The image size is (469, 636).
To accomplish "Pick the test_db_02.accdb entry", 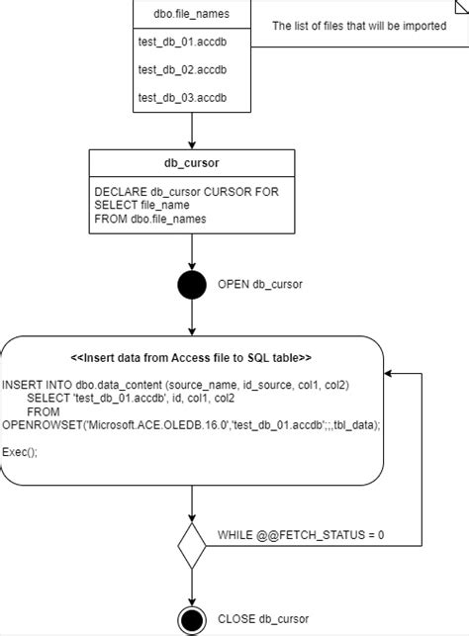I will (x=182, y=69).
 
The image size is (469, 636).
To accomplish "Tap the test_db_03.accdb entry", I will (x=182, y=97).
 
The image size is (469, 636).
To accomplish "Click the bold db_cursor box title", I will (x=191, y=162).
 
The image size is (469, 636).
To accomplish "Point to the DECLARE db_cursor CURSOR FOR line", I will (x=186, y=191).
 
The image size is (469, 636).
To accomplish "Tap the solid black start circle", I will (x=192, y=285).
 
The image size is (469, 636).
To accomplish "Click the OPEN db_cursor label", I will (x=259, y=285).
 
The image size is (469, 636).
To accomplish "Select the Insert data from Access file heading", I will (x=191, y=358).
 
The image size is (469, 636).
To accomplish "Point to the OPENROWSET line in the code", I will (x=191, y=423).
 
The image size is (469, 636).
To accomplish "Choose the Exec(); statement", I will (x=20, y=451).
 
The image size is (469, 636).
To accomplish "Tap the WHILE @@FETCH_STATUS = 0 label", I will (x=301, y=535).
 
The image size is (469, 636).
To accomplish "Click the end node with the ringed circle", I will (x=192, y=620).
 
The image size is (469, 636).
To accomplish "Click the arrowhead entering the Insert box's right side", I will (x=388, y=374).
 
